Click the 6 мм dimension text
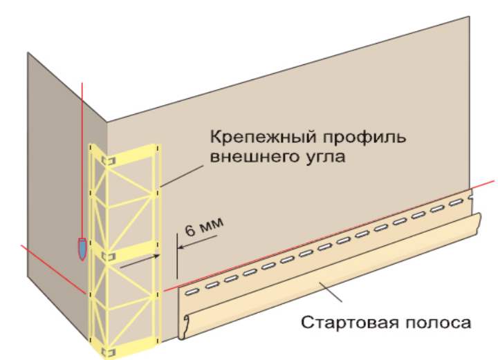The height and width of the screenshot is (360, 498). [204, 226]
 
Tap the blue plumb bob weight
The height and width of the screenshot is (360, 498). [82, 248]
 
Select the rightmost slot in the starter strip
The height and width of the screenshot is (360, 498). [456, 202]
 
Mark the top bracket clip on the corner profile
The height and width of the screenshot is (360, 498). [108, 160]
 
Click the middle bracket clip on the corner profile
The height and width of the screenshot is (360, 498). [107, 256]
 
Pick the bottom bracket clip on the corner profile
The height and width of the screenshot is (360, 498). [108, 352]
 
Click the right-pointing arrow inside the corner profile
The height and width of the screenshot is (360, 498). [140, 261]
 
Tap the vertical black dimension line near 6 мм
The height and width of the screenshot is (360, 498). [176, 256]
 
